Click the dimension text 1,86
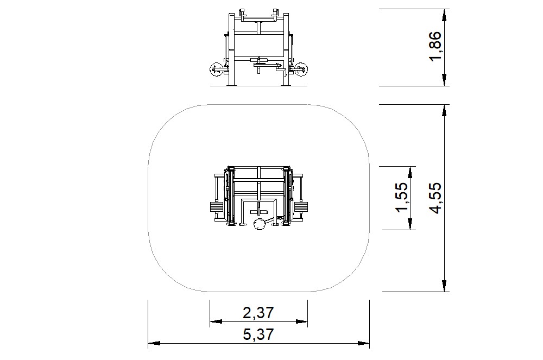tap(437, 47)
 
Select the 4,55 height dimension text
tap(437, 198)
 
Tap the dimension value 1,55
tap(402, 198)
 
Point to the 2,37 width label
tap(258, 313)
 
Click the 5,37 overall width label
tap(258, 334)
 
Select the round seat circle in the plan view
tap(259, 224)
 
